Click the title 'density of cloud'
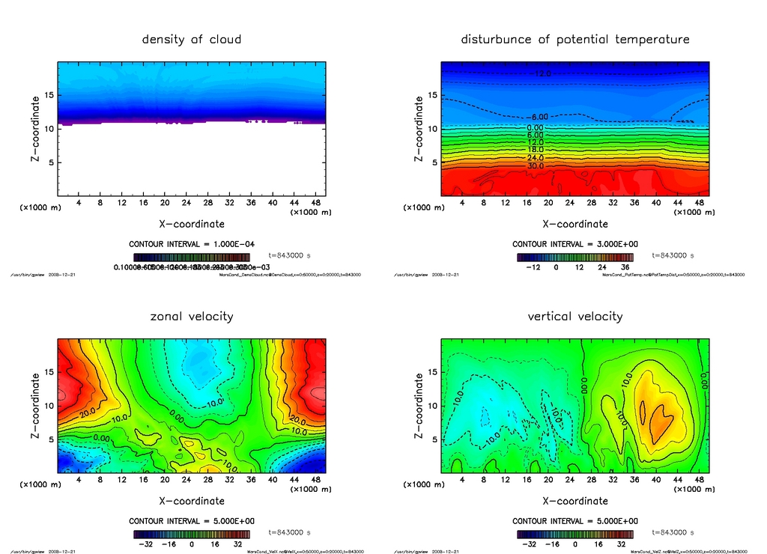pyautogui.click(x=192, y=39)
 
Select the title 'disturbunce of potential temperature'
pyautogui.click(x=575, y=39)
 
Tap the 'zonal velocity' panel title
pyautogui.click(x=192, y=316)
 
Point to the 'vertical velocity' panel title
pyautogui.click(x=575, y=316)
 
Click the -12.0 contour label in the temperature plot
pyautogui.click(x=542, y=73)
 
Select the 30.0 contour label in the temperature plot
pyautogui.click(x=536, y=166)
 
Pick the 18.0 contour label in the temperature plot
pyautogui.click(x=536, y=150)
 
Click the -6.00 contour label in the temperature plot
pyautogui.click(x=539, y=118)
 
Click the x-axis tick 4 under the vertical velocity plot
pyautogui.click(x=462, y=480)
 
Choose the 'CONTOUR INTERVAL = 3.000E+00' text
pyautogui.click(x=575, y=244)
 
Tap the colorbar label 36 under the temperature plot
pyautogui.click(x=625, y=267)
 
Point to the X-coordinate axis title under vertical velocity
pyautogui.click(x=575, y=501)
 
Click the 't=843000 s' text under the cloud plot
pyautogui.click(x=288, y=256)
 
